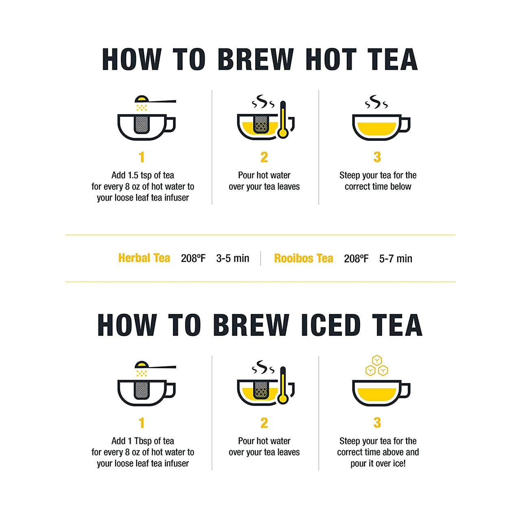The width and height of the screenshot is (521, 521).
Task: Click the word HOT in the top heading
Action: point(331,59)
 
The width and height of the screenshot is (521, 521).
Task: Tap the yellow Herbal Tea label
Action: point(144,258)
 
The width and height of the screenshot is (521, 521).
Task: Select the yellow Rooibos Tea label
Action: point(303,258)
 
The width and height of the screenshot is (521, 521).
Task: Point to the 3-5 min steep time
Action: point(232,258)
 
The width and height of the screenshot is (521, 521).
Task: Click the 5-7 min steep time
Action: point(396,258)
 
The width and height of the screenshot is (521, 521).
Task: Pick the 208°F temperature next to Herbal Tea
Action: point(193,258)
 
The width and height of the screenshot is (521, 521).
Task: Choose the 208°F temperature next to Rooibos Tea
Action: point(356,258)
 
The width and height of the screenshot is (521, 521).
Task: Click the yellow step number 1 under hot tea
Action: point(141,157)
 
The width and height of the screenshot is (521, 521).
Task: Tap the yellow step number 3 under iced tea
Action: point(377,423)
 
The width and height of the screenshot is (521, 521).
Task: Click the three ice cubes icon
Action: point(377,366)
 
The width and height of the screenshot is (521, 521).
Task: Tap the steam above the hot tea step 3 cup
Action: point(376,102)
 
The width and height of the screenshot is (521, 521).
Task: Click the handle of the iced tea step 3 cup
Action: point(405,390)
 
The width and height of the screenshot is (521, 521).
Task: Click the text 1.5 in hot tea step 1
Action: point(133,175)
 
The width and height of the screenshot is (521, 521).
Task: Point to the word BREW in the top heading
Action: point(256,59)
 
